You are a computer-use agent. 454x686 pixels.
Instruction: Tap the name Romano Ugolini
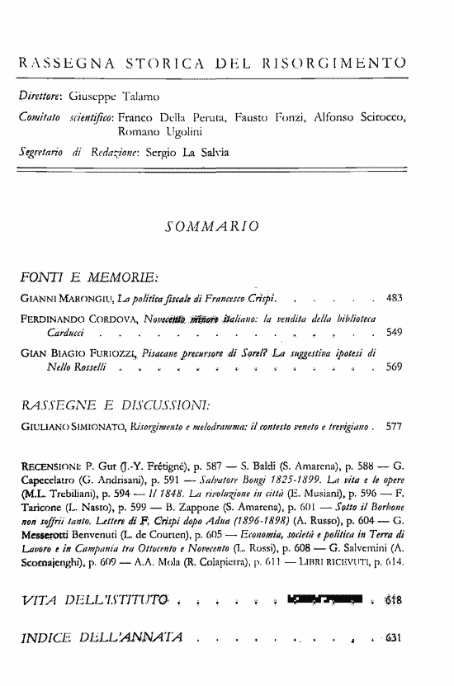click(x=158, y=130)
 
